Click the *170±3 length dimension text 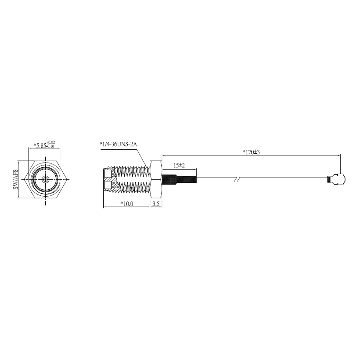[251, 152]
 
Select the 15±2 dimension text [179, 165]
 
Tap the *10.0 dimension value [127, 204]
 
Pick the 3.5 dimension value [156, 204]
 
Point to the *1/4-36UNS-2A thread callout [118, 144]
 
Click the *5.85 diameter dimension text [40, 146]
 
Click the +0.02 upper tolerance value [51, 143]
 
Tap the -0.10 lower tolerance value [50, 146]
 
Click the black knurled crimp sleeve [179, 179]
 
